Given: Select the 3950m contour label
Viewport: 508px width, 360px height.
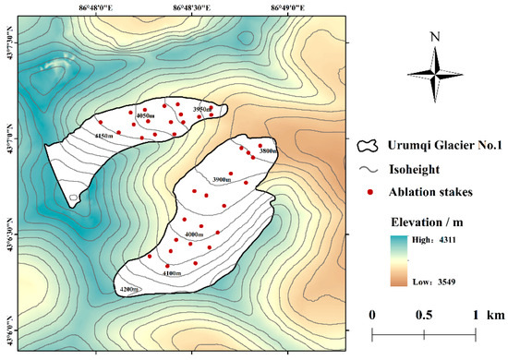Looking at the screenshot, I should (x=204, y=109).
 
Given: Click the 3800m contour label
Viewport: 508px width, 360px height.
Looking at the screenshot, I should (x=269, y=150).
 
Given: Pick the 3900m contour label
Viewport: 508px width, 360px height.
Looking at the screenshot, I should (x=222, y=179).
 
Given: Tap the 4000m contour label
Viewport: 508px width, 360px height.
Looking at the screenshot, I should (x=195, y=235).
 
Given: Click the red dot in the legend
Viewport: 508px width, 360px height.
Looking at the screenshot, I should (x=372, y=193).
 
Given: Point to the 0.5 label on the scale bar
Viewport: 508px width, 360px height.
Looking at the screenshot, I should (x=424, y=316).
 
